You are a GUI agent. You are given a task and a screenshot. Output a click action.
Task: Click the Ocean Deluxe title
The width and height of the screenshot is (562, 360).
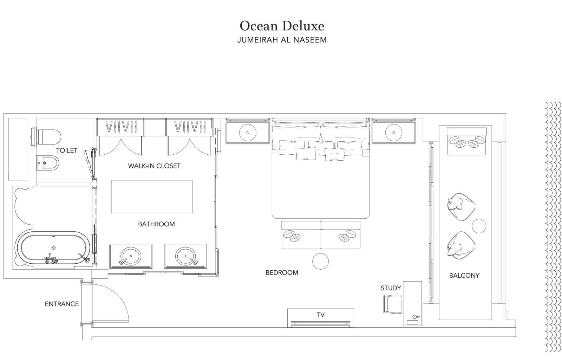click(282, 26)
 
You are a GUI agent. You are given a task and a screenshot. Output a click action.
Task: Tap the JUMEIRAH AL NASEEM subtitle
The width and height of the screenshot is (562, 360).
click(282, 40)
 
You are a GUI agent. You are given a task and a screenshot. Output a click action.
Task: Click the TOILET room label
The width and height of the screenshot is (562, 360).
click(66, 150)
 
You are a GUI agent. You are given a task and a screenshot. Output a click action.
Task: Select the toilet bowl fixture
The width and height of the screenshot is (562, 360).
click(46, 137)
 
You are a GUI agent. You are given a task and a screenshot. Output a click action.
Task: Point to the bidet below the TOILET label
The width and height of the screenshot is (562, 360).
click(48, 163)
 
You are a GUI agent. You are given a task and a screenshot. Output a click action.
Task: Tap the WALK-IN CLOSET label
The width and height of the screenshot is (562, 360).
click(154, 166)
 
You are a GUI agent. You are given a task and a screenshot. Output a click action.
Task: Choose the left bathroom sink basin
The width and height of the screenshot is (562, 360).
click(130, 256)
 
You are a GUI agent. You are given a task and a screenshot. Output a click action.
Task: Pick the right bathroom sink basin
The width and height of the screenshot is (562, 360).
click(185, 256)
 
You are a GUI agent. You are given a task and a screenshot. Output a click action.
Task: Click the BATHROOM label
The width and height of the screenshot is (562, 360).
click(156, 224)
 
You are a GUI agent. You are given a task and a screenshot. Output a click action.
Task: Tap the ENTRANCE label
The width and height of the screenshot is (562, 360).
click(62, 304)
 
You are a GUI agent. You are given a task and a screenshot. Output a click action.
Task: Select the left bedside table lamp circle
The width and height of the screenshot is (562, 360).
click(248, 133)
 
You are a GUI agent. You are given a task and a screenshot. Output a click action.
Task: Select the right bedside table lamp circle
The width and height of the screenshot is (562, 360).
click(394, 133)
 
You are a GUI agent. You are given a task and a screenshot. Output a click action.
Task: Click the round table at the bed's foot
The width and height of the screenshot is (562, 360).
click(320, 261)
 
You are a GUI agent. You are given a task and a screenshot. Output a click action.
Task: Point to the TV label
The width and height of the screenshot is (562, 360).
click(321, 315)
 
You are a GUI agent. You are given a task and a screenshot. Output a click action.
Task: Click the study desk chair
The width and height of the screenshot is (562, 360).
click(393, 304)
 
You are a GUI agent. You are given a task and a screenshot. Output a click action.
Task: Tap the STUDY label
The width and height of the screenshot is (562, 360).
click(391, 288)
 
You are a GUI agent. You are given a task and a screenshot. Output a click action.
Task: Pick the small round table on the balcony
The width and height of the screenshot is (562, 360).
click(479, 226)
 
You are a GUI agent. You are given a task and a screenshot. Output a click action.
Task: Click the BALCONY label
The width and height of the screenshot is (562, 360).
click(464, 276)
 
